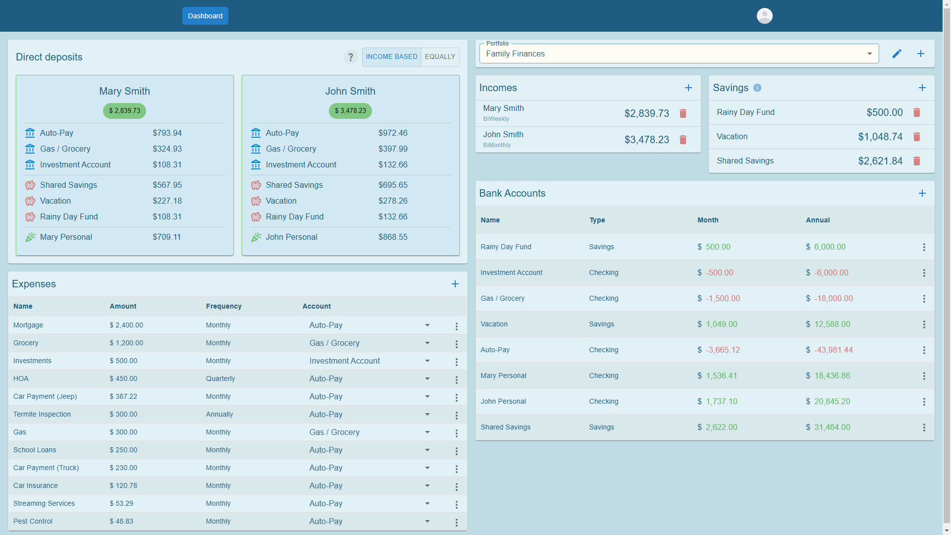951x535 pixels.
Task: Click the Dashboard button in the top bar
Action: click(x=205, y=16)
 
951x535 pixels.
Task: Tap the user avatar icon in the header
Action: click(x=764, y=16)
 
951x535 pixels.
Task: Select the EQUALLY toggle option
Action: click(x=439, y=57)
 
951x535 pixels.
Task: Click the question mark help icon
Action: click(x=350, y=57)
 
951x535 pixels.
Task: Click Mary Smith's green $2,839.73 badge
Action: click(x=124, y=111)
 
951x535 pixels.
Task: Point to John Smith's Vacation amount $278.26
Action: click(x=393, y=201)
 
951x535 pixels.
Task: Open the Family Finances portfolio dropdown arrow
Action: click(x=869, y=53)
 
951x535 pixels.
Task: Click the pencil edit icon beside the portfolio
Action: click(x=897, y=53)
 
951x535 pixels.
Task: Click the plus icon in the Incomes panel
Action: click(x=688, y=88)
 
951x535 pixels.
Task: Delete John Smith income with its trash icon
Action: click(x=683, y=140)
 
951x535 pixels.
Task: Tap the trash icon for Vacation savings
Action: click(x=916, y=137)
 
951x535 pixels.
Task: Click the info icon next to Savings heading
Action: click(x=757, y=88)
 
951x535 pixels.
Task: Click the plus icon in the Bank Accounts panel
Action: click(x=922, y=193)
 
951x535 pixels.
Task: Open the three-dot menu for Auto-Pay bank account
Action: click(x=924, y=350)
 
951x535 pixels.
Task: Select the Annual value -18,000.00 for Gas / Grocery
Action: click(x=833, y=299)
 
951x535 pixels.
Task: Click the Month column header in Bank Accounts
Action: click(x=708, y=220)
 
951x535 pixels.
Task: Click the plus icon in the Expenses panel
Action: click(x=455, y=284)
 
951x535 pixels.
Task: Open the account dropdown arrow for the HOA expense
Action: click(x=427, y=379)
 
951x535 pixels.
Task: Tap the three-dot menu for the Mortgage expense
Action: click(x=456, y=326)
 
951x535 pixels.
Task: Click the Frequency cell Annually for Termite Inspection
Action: click(x=219, y=415)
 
